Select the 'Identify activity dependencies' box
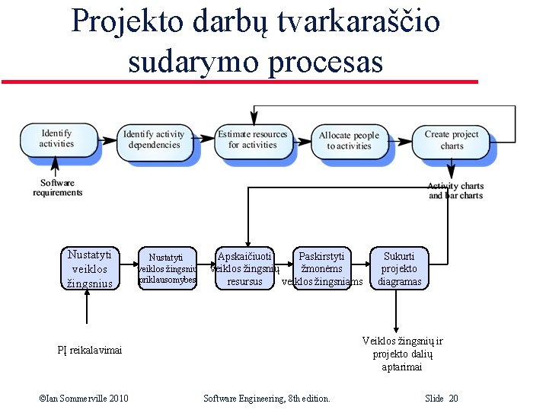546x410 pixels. coord(154,139)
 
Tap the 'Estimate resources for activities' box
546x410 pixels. coord(252,139)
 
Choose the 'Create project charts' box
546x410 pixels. coord(452,140)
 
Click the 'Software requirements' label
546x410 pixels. coord(57,187)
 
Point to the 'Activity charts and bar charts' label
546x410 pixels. coord(455,191)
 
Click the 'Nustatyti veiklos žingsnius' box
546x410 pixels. coord(90,269)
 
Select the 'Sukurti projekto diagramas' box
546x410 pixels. coord(399,269)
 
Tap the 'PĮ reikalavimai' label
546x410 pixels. coord(89,349)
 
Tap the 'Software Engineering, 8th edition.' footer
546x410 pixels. coord(267,399)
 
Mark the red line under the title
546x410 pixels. coord(239,81)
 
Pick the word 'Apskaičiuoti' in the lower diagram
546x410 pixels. coord(244,257)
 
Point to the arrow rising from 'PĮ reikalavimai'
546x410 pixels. coord(89,316)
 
